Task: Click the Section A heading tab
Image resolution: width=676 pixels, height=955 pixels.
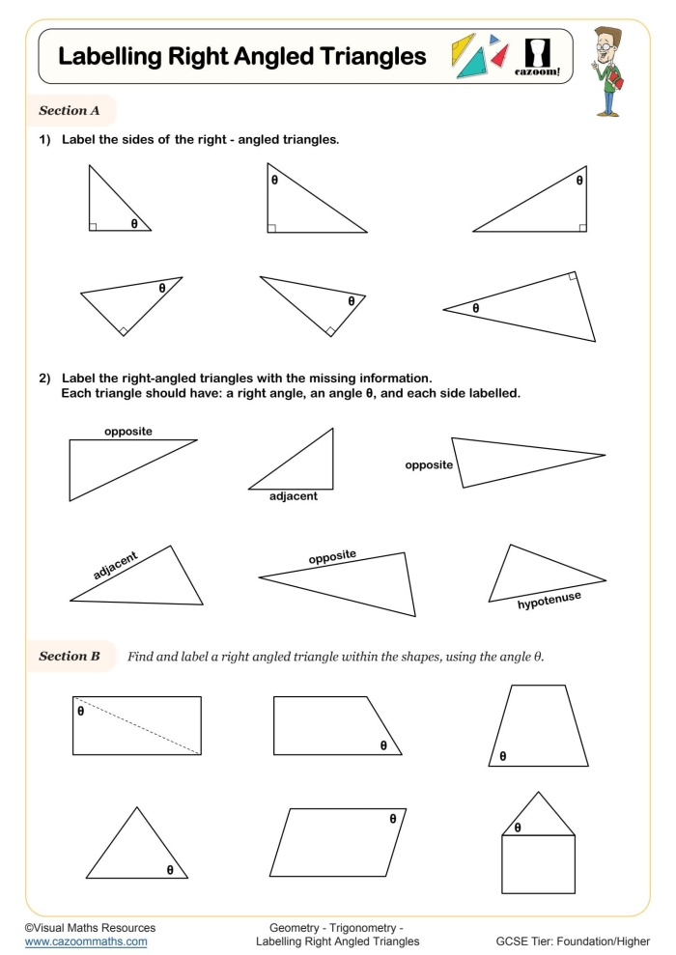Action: pos(70,111)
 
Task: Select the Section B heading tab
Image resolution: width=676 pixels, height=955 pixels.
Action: pos(70,657)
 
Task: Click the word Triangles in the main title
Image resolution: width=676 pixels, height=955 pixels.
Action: pos(366,57)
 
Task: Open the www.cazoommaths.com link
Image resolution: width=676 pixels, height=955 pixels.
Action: pos(86,941)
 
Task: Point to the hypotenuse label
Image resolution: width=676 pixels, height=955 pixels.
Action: pos(549,602)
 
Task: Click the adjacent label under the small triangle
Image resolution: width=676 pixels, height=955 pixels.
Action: pos(294,496)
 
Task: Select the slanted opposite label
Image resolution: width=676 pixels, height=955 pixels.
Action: pos(332,557)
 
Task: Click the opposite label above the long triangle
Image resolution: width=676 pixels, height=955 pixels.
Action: pos(128,432)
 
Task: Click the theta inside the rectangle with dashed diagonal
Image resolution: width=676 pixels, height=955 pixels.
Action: pos(81,712)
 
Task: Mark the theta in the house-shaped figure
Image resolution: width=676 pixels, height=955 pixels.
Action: pos(518,828)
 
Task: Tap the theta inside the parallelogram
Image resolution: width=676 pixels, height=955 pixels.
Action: pos(393,819)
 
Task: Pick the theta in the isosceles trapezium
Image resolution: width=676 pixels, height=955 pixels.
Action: pos(502,756)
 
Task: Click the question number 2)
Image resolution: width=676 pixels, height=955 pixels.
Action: pos(44,378)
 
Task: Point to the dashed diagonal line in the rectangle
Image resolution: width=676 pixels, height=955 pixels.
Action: pos(137,724)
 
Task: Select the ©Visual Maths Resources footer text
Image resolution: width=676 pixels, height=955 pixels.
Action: pos(90,927)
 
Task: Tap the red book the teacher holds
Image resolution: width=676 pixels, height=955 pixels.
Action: pos(619,84)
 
